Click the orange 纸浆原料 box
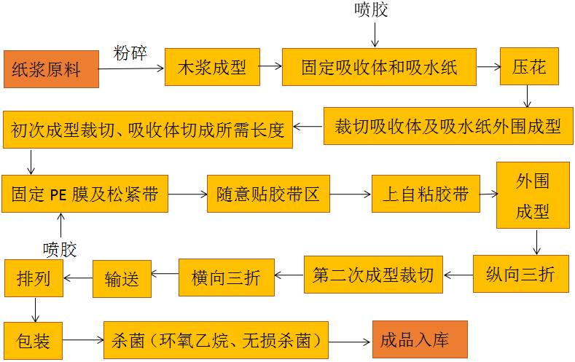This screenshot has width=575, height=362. [51, 69]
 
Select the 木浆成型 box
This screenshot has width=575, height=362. [212, 67]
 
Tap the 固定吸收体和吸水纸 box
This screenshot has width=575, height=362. [379, 67]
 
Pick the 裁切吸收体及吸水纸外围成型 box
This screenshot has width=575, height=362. [448, 126]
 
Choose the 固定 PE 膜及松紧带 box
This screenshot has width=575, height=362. [85, 194]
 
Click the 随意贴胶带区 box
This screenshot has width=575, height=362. [268, 194]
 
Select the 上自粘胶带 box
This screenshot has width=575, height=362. [426, 194]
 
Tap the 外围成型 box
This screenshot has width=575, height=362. [533, 195]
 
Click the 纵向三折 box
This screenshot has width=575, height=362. [520, 274]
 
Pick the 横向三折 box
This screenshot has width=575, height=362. [227, 278]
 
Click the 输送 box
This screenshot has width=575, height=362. [122, 278]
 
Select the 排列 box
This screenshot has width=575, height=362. [33, 278]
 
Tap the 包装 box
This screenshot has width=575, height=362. [33, 339]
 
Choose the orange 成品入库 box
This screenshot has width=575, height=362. [420, 339]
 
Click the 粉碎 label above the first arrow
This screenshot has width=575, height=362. [131, 53]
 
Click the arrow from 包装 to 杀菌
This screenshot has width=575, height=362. [82, 340]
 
